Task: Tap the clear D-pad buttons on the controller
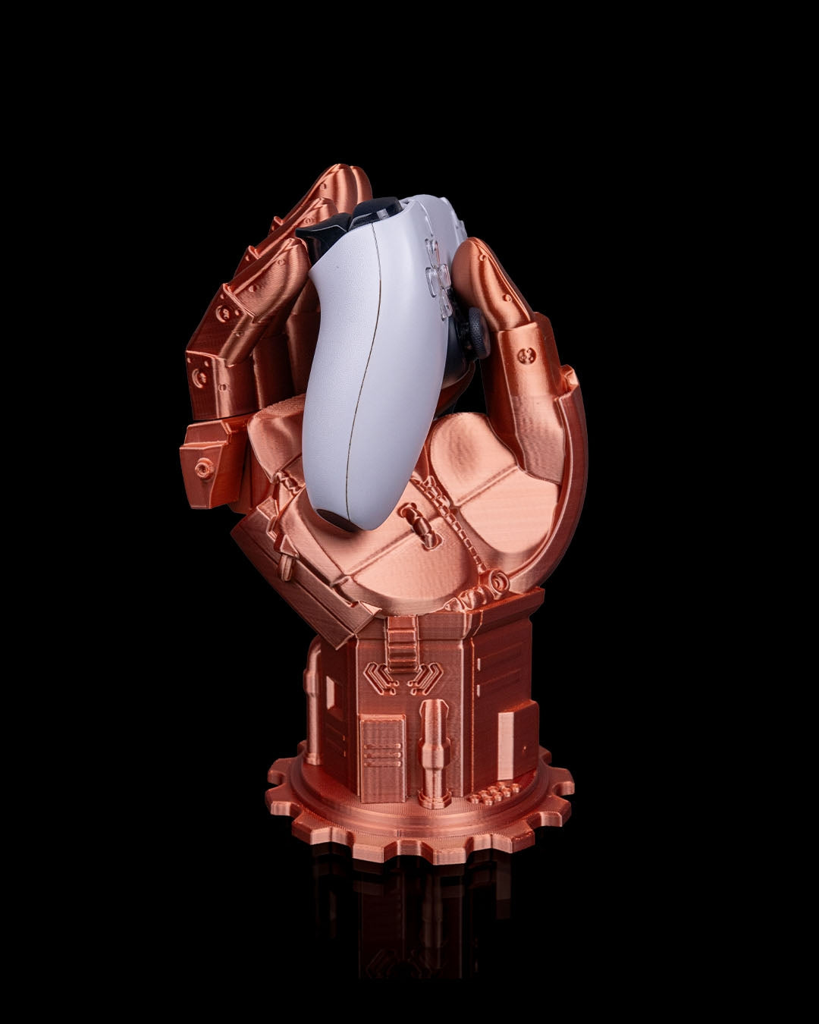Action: [438, 278]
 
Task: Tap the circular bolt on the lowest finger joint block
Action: [204, 468]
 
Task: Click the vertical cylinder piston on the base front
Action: [435, 751]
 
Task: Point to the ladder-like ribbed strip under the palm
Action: [402, 642]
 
